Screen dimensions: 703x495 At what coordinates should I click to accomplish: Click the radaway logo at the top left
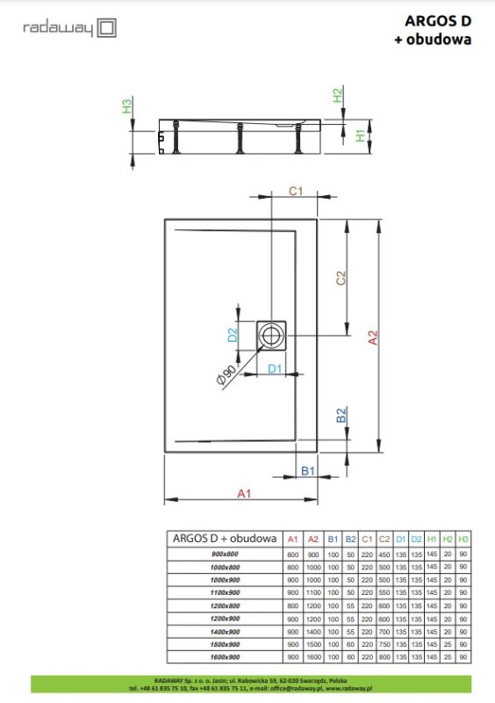tap(69, 28)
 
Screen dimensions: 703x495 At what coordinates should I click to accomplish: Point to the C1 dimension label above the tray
tap(296, 191)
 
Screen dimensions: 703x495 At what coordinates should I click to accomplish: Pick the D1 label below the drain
tap(274, 368)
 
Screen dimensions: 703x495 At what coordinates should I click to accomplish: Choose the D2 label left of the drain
tap(233, 334)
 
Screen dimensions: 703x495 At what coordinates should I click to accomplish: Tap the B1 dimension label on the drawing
tap(308, 472)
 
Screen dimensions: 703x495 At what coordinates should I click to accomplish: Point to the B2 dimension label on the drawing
tap(341, 416)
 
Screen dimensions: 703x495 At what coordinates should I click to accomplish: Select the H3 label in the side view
tap(126, 107)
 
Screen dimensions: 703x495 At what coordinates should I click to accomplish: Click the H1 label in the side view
tap(361, 135)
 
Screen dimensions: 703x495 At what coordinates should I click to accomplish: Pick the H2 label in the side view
tap(337, 96)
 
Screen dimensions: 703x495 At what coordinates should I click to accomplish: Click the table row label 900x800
tap(225, 554)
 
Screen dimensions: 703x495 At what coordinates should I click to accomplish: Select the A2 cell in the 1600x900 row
tap(312, 656)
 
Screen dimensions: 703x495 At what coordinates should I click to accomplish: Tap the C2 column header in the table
tap(384, 538)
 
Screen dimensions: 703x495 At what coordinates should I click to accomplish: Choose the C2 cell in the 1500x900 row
tap(384, 644)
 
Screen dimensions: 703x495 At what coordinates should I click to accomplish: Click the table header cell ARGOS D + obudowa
tap(225, 538)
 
